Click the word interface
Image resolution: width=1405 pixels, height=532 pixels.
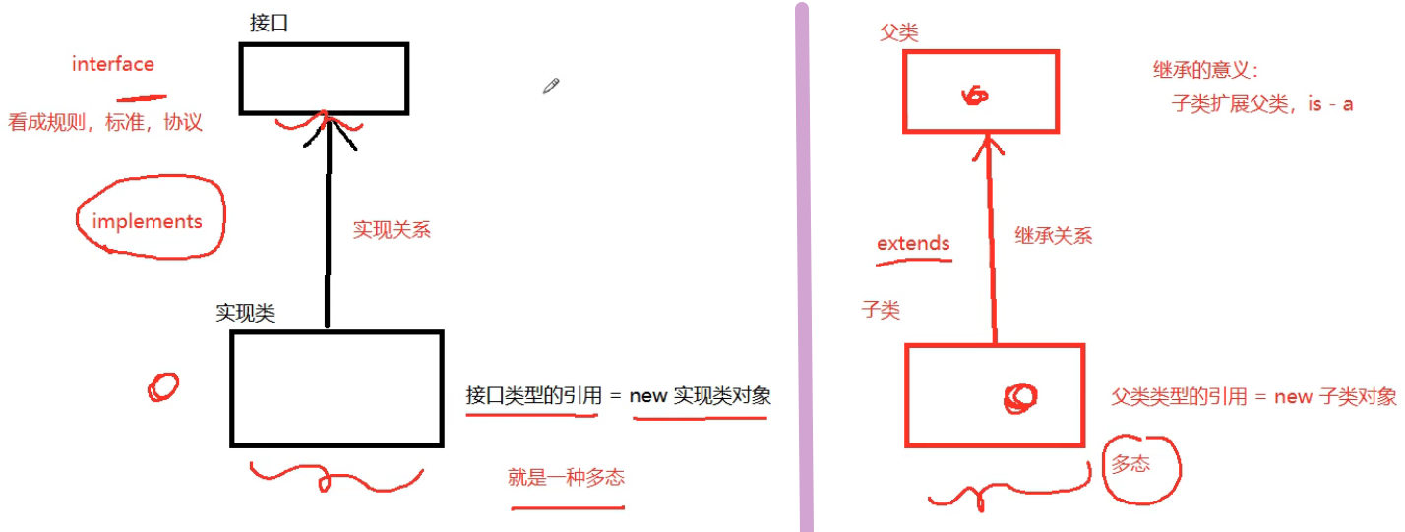click(x=113, y=65)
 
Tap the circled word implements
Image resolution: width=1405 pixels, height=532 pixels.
click(x=148, y=221)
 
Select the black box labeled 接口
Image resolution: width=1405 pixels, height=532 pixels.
click(x=324, y=79)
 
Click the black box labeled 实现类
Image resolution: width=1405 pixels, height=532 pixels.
click(x=336, y=388)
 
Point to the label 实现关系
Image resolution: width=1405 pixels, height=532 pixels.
click(x=392, y=230)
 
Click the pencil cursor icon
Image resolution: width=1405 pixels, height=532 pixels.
click(x=551, y=86)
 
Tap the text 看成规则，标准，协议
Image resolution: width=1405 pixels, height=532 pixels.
click(x=105, y=123)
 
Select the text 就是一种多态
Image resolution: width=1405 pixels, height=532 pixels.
click(x=566, y=478)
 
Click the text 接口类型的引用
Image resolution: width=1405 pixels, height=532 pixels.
click(x=532, y=396)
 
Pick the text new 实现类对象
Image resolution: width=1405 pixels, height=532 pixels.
click(x=700, y=396)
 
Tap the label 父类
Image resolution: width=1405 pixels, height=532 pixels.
click(x=898, y=33)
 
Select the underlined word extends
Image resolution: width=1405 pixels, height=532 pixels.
click(x=913, y=243)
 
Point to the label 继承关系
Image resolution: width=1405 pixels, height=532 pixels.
click(x=1053, y=236)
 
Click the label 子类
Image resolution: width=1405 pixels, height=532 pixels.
click(x=881, y=310)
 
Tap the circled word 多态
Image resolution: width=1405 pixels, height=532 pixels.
click(x=1130, y=465)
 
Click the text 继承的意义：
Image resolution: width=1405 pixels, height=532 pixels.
click(x=1206, y=71)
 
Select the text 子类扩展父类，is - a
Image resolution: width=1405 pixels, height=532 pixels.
click(x=1262, y=104)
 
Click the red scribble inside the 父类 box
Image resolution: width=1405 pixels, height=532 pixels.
click(x=976, y=94)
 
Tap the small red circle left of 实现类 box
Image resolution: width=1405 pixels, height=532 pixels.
click(x=163, y=385)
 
